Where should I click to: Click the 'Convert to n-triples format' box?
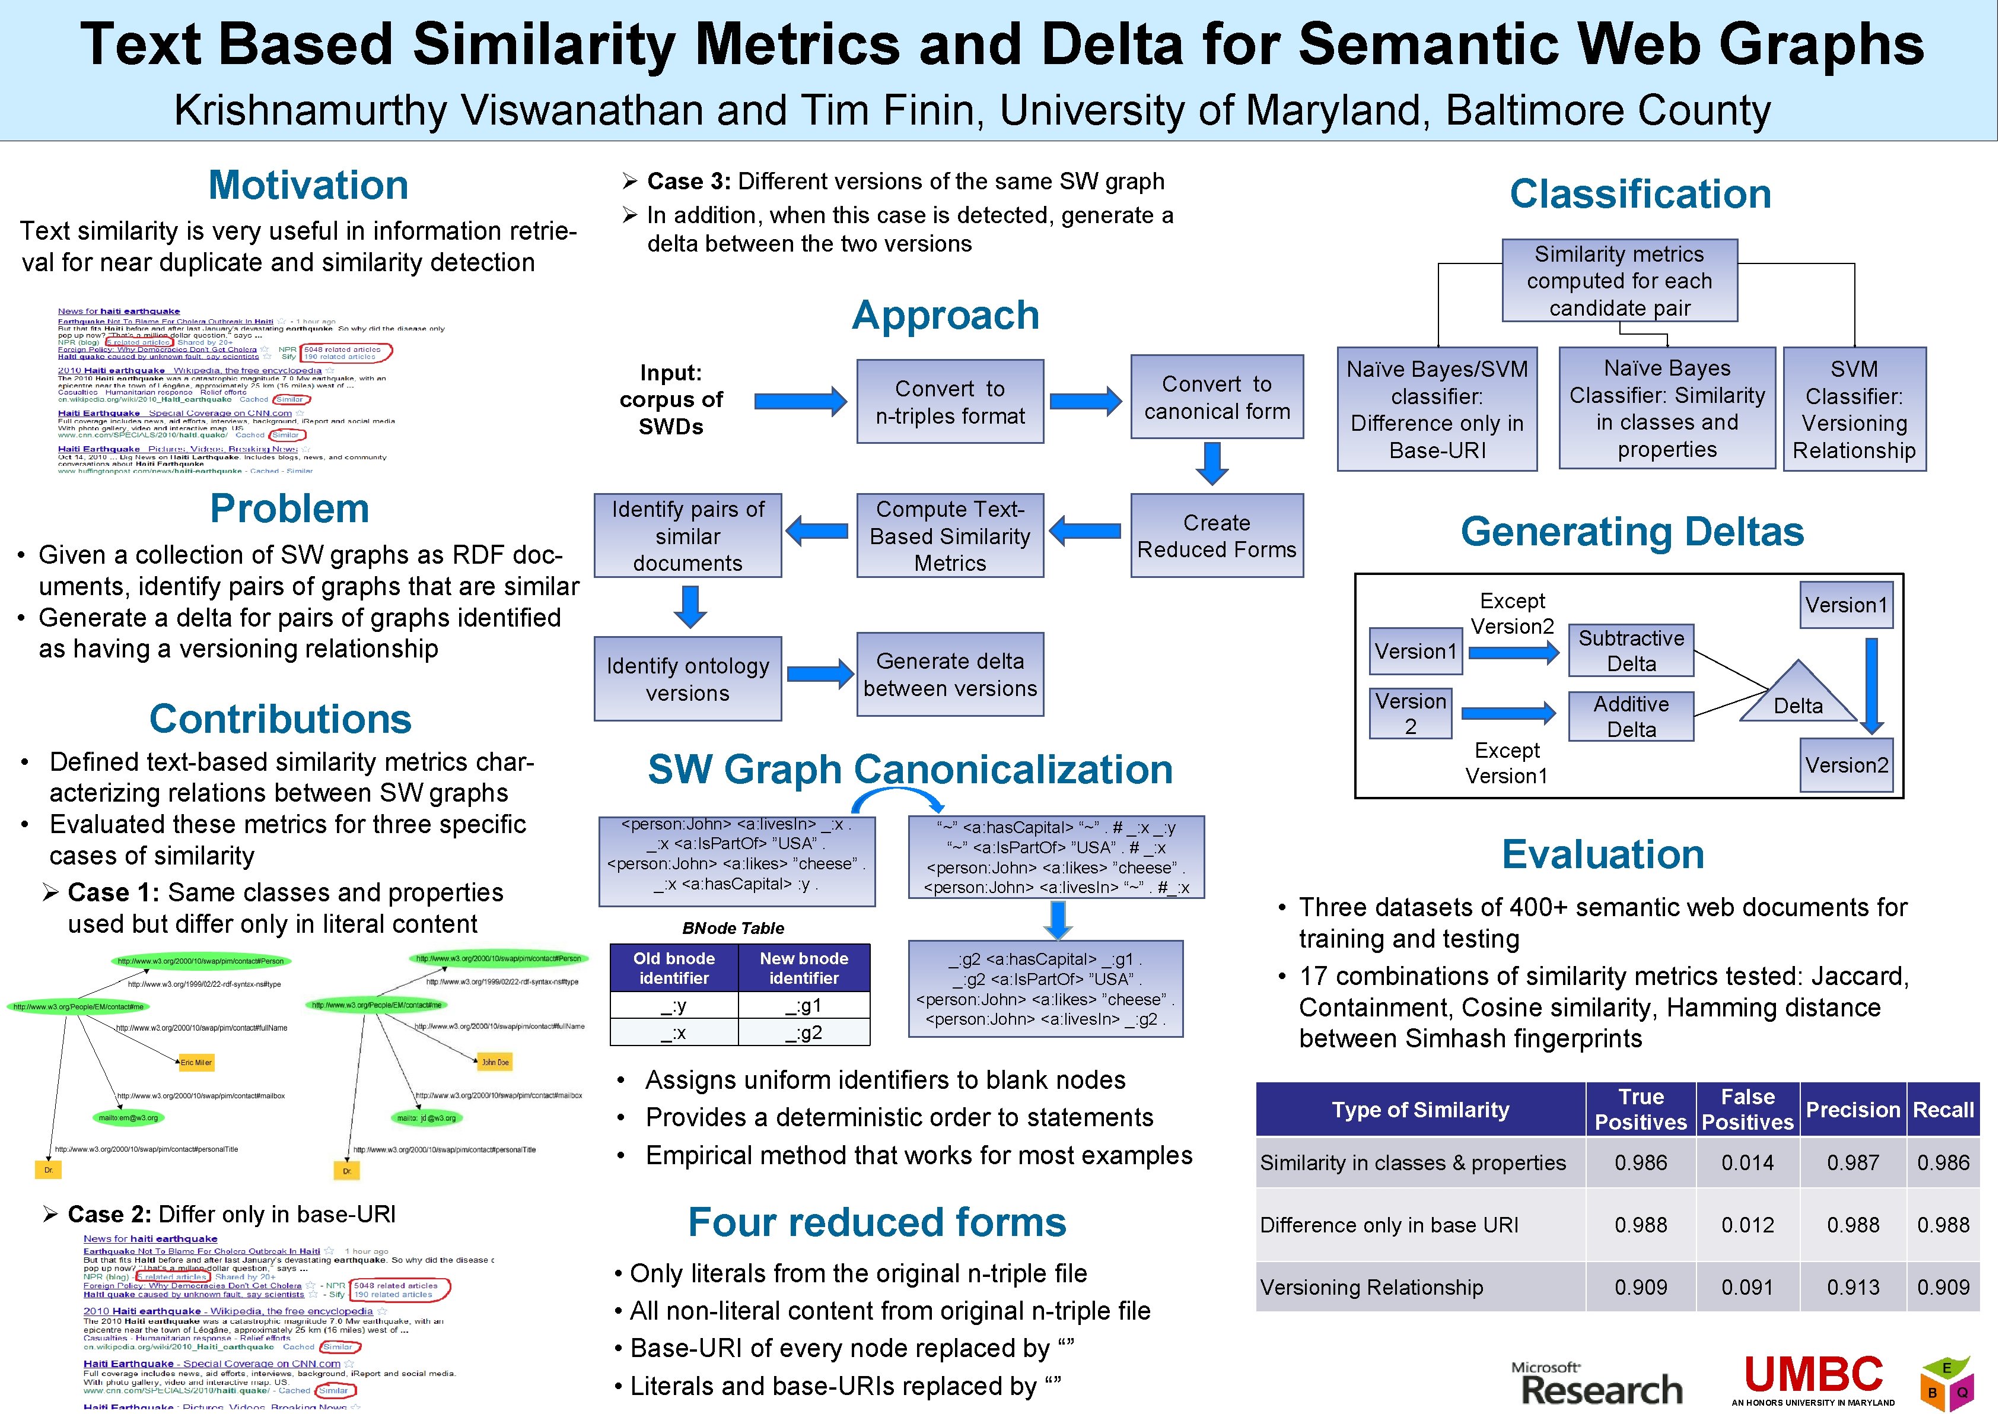click(x=950, y=401)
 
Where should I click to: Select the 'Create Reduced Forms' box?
click(x=1216, y=535)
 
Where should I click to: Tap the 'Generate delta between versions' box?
click(x=950, y=675)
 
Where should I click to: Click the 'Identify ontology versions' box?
click(x=688, y=679)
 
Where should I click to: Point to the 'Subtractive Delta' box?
click(x=1631, y=650)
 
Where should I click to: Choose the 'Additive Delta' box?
click(x=1631, y=717)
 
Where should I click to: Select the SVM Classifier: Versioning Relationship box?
click(x=1854, y=409)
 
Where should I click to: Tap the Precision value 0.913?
click(x=1852, y=1287)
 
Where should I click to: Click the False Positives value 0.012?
click(x=1747, y=1225)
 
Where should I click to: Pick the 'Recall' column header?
click(x=1943, y=1109)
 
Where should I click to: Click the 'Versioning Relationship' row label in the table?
click(x=1371, y=1287)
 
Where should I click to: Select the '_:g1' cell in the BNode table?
click(x=804, y=1006)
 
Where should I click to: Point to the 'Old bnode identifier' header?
click(x=674, y=967)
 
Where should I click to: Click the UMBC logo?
click(x=1813, y=1379)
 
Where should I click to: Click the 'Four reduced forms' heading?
click(x=877, y=1222)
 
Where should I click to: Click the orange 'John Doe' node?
click(x=495, y=1062)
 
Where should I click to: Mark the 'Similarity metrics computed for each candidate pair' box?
click(x=1619, y=280)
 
